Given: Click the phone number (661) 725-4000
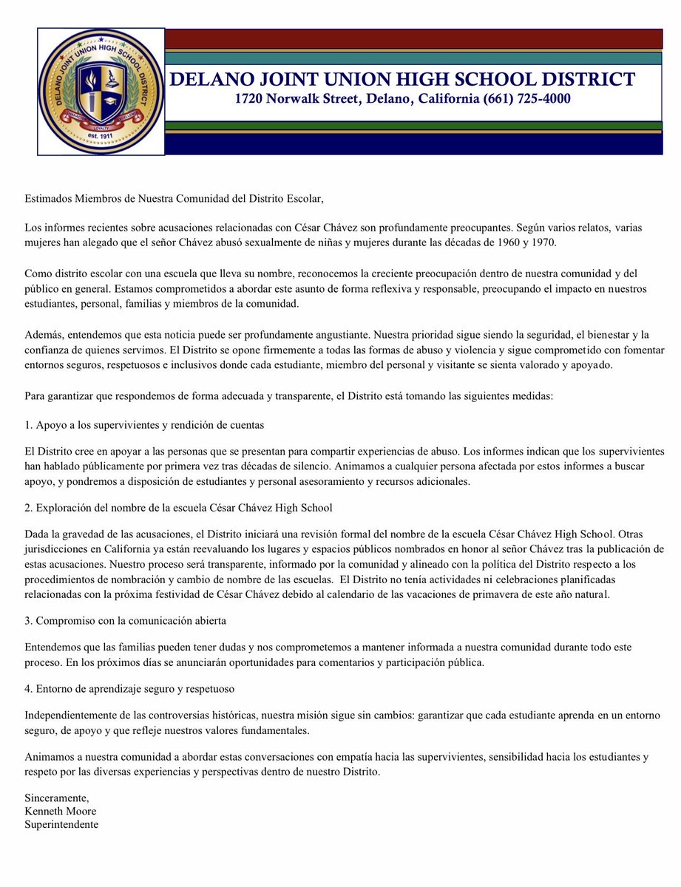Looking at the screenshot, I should tap(528, 98).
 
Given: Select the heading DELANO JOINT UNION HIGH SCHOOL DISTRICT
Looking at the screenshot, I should tap(402, 79).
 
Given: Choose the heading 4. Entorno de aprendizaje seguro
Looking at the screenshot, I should tap(129, 688).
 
